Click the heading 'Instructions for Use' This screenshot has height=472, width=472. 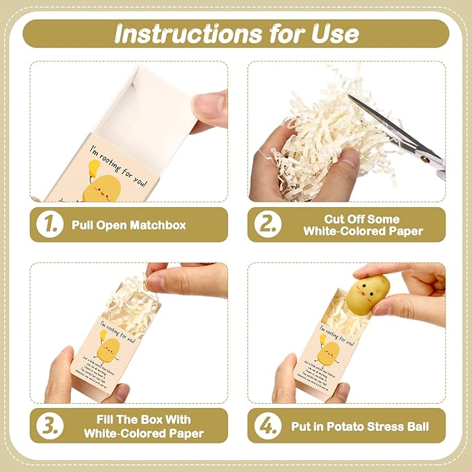click(x=236, y=33)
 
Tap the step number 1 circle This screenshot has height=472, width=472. click(x=49, y=225)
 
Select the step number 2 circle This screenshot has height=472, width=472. click(x=266, y=225)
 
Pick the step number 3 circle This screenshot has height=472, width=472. click(x=49, y=425)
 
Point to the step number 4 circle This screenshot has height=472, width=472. click(x=266, y=425)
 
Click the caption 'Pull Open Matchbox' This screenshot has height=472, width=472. click(x=128, y=225)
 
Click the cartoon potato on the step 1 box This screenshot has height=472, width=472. click(x=104, y=188)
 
